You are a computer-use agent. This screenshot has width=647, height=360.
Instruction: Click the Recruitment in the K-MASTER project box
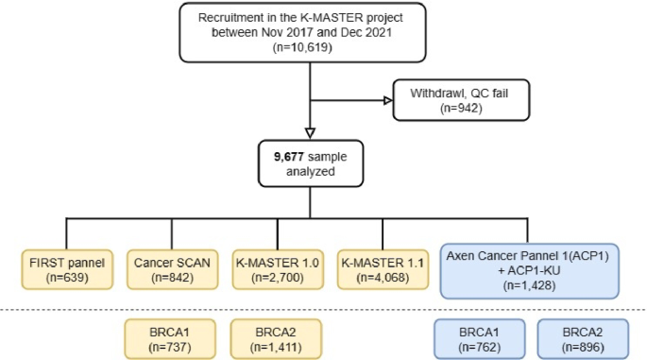tap(302, 33)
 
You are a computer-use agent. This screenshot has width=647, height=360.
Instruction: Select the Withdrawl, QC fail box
tap(461, 100)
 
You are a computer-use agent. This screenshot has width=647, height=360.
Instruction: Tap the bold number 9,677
tap(289, 157)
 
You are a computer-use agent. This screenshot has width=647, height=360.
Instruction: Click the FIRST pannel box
tap(67, 269)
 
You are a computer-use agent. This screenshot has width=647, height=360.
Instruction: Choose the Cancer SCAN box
tap(173, 269)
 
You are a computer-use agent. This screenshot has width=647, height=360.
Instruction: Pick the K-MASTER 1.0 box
tap(278, 269)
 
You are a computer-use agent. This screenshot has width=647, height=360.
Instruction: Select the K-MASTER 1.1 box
tap(383, 269)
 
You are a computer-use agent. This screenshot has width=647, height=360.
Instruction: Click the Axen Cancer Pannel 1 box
tap(529, 271)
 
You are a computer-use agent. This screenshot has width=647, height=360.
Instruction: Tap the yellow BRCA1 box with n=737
tap(170, 339)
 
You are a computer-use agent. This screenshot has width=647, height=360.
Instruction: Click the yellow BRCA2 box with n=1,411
tap(276, 339)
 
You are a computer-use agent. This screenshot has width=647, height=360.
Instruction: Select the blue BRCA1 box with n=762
tap(480, 339)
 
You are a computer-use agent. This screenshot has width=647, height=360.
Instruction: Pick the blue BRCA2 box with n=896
tap(583, 339)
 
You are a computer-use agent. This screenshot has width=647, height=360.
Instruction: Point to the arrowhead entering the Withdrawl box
tap(388, 100)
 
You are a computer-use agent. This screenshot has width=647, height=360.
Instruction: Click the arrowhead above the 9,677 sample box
tap(311, 133)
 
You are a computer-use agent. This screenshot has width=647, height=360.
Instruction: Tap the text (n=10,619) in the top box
tap(302, 47)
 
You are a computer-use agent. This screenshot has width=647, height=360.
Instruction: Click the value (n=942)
tap(461, 108)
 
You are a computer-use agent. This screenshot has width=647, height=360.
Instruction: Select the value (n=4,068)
tap(383, 278)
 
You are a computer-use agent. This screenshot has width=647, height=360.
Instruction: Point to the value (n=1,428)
tap(529, 285)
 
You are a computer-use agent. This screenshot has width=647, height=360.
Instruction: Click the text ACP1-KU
tap(534, 271)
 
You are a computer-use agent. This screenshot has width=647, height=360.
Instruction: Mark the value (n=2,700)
tap(278, 278)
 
